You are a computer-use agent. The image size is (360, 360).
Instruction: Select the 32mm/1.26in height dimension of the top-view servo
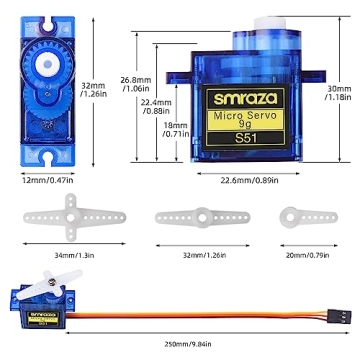pos(95,92)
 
